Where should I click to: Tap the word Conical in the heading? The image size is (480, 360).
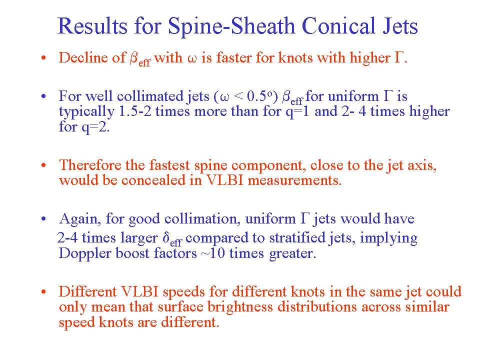[x=339, y=25]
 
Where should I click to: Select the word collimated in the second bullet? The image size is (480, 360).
[x=150, y=96]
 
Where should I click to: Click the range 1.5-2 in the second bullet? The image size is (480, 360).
[x=134, y=111]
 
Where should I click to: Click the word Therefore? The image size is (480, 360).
[x=90, y=165]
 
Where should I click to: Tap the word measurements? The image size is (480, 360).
[x=294, y=180]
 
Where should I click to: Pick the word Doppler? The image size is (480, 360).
[x=81, y=254]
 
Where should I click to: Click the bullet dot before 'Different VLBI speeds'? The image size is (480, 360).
[x=44, y=291]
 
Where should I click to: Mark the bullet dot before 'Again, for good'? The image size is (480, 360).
[x=44, y=219]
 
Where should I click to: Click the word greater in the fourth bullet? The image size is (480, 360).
[x=292, y=254]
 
